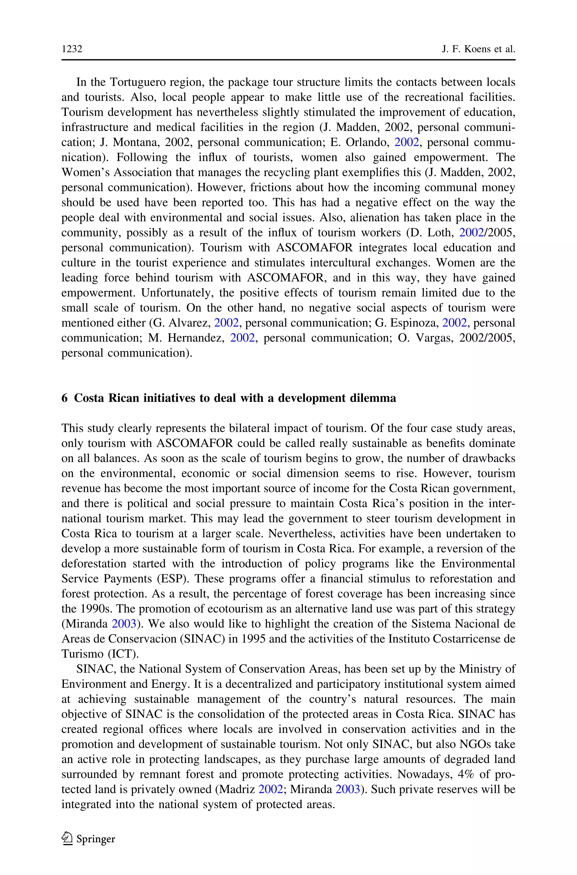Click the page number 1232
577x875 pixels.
coord(72,49)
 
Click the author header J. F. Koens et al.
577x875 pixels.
coord(478,49)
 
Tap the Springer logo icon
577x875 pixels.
coord(66,839)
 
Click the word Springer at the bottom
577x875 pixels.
coord(96,839)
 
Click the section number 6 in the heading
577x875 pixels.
coord(65,398)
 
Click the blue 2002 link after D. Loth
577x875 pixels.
coord(471,232)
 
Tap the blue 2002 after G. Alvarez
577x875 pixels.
coord(226,323)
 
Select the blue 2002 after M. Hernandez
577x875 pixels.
coord(242,338)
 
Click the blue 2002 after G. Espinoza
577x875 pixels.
coord(454,323)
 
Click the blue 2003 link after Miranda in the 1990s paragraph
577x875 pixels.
coord(124,624)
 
